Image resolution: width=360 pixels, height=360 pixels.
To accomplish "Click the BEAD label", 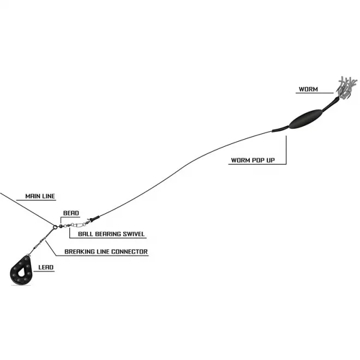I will pos(71,213).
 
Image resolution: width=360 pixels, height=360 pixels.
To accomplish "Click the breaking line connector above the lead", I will pos(40,242).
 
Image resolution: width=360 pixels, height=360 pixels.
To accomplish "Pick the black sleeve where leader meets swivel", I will pos(93,218).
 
